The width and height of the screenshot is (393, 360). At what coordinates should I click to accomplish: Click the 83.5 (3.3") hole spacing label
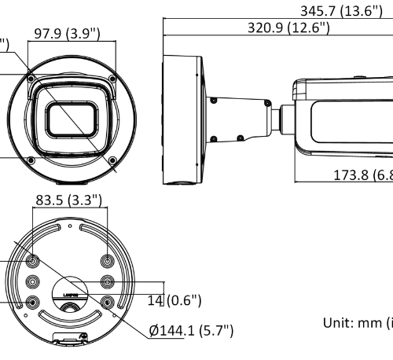pyautogui.click(x=68, y=200)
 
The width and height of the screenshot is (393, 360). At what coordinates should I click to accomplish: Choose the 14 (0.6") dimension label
pyautogui.click(x=174, y=300)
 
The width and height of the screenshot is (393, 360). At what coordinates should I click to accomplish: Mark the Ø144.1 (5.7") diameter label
pyautogui.click(x=191, y=329)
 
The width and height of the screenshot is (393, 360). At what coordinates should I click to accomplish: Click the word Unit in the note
pyautogui.click(x=337, y=321)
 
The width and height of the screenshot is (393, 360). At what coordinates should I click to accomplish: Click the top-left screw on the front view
pyautogui.click(x=31, y=79)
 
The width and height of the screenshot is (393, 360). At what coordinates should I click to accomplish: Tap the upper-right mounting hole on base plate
pyautogui.click(x=108, y=261)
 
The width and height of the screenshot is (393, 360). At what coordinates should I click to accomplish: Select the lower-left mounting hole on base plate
pyautogui.click(x=33, y=301)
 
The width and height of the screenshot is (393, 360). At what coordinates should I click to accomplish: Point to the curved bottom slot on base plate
pyautogui.click(x=71, y=318)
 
